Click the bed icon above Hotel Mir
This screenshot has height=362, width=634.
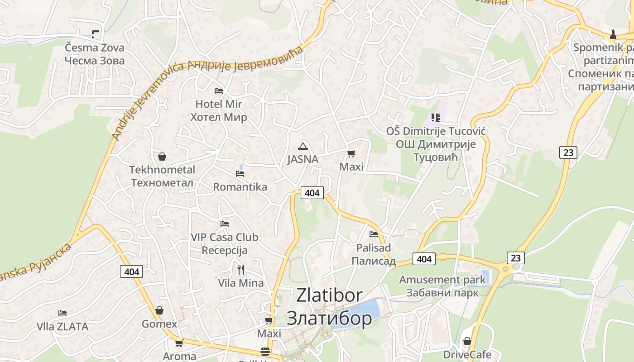219,91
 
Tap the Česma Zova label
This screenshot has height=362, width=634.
94,48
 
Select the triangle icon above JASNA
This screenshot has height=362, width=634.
303,146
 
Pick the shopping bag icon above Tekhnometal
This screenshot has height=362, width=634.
162,157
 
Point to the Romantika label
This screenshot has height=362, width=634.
240,187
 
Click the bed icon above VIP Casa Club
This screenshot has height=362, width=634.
224,224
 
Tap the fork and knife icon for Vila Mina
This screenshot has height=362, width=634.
241,270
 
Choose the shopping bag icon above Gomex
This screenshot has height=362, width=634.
159,311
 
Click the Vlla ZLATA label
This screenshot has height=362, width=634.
62,326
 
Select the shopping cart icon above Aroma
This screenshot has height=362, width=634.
179,343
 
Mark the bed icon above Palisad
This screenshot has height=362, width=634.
374,234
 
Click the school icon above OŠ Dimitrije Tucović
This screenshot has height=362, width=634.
436,118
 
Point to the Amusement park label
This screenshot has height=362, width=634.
442,280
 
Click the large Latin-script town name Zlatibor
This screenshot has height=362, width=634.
329,295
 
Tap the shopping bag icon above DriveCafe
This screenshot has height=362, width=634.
467,341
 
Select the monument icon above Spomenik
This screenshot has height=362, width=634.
613,34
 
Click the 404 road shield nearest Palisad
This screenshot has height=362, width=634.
424,259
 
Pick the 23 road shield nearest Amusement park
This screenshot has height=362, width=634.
515,258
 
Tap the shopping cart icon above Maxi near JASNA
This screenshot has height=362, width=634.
351,154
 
